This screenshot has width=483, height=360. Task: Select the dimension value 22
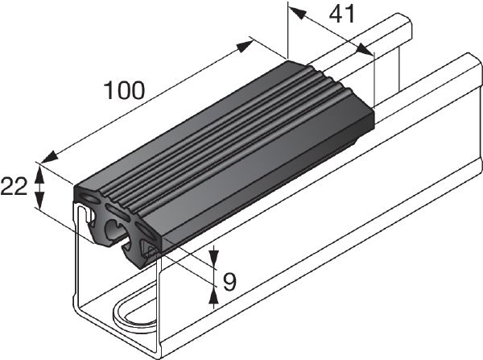pos(14,186)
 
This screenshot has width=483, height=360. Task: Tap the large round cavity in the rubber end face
pos(114,230)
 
